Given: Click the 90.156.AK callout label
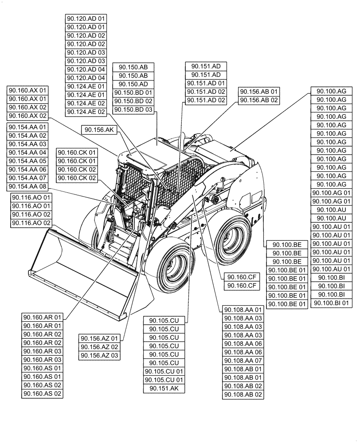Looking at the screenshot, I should [98, 129].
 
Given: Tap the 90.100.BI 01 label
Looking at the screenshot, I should [332, 303].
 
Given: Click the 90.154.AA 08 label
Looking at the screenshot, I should [27, 186].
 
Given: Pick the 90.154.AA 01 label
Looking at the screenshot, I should [27, 127].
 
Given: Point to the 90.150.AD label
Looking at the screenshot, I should [134, 84].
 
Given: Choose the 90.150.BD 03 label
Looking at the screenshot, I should [134, 109].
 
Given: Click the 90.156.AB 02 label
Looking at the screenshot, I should [259, 100].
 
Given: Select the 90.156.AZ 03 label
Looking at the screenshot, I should [99, 355].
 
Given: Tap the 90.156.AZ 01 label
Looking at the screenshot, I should [99, 338].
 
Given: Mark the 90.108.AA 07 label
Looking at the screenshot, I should [243, 361].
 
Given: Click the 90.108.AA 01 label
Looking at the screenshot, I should [243, 310].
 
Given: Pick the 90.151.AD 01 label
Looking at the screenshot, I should [206, 83].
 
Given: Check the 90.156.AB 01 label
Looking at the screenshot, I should [259, 92].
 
